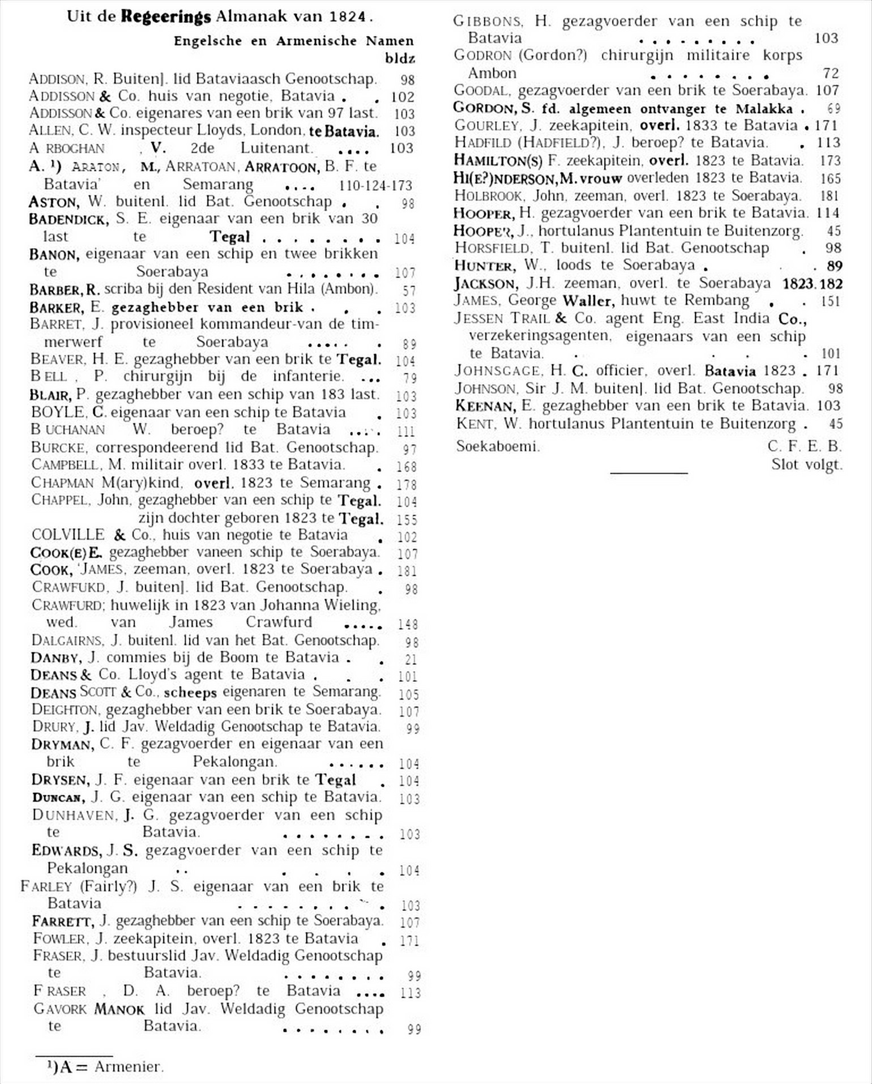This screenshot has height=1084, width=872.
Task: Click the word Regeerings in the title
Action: [165, 16]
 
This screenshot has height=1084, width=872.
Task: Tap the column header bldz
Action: [400, 58]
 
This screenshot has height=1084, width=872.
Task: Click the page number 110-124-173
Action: [375, 185]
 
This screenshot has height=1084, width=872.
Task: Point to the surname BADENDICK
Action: [69, 219]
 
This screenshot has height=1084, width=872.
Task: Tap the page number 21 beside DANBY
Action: [411, 659]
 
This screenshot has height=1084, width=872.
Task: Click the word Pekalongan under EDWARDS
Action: [87, 868]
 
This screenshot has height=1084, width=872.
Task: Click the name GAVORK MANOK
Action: [89, 1009]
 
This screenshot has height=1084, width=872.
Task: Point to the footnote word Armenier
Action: [129, 1066]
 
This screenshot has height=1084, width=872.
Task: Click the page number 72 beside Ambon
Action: [831, 73]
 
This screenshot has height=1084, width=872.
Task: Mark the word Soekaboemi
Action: [498, 446]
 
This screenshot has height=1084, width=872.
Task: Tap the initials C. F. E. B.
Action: [805, 446]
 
